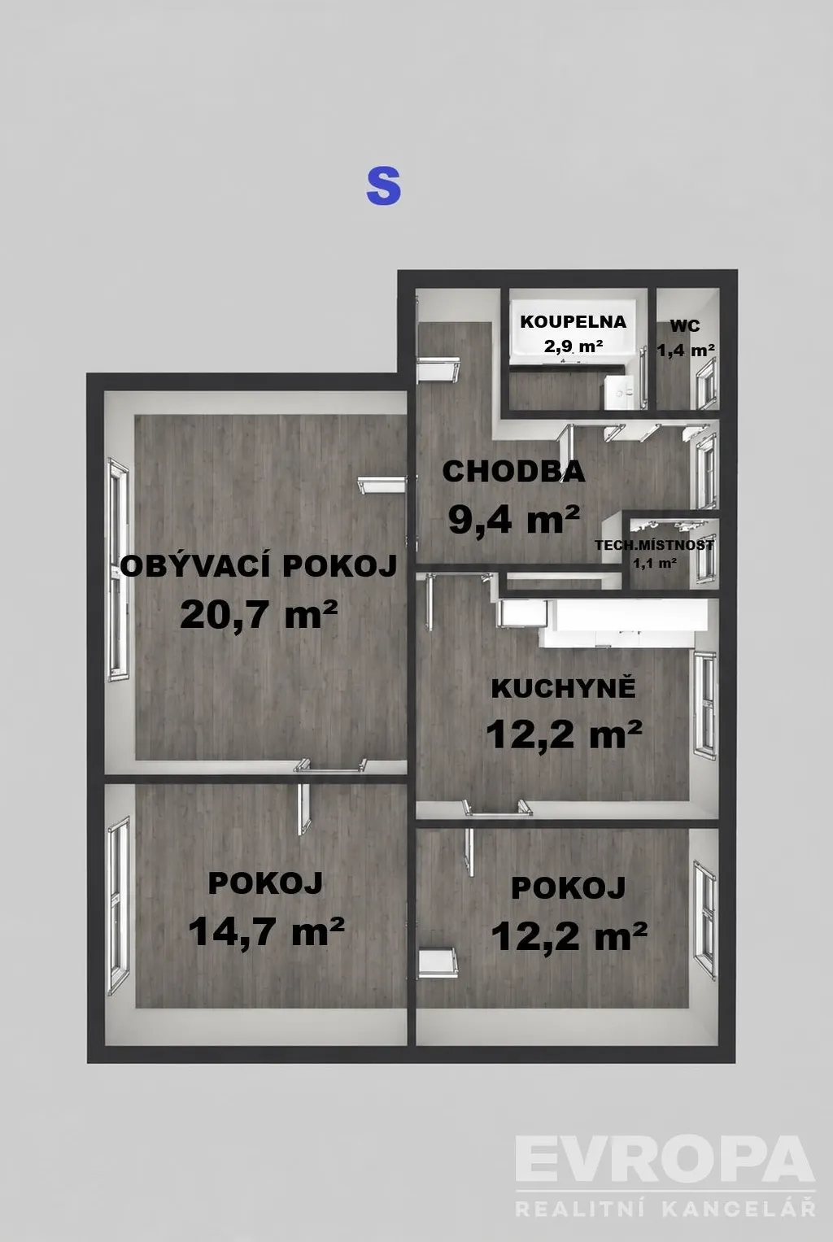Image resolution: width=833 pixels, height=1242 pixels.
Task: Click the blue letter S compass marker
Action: [x=383, y=187]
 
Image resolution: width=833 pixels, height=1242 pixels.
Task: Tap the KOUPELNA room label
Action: [x=573, y=321]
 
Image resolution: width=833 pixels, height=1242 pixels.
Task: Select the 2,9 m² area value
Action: [x=574, y=346]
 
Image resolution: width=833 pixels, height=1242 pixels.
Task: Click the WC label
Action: [x=685, y=325]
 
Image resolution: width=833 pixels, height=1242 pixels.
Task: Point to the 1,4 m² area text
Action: [x=686, y=350]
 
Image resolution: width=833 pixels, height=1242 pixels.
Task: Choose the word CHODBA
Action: [x=513, y=471]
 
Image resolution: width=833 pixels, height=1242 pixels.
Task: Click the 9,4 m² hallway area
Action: [x=514, y=520]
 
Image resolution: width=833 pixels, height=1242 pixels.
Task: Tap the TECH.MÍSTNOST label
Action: [x=654, y=544]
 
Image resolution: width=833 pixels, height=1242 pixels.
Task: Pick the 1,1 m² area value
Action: [x=655, y=564]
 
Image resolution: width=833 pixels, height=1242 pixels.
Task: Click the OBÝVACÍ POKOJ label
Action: [x=259, y=566]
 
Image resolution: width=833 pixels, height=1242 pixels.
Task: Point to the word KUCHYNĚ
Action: [x=564, y=688]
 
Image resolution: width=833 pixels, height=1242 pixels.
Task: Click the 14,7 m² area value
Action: [x=266, y=931]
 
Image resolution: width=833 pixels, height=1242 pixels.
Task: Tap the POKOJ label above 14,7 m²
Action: [x=266, y=883]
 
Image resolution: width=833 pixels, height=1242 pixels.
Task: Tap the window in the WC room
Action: [x=707, y=383]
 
